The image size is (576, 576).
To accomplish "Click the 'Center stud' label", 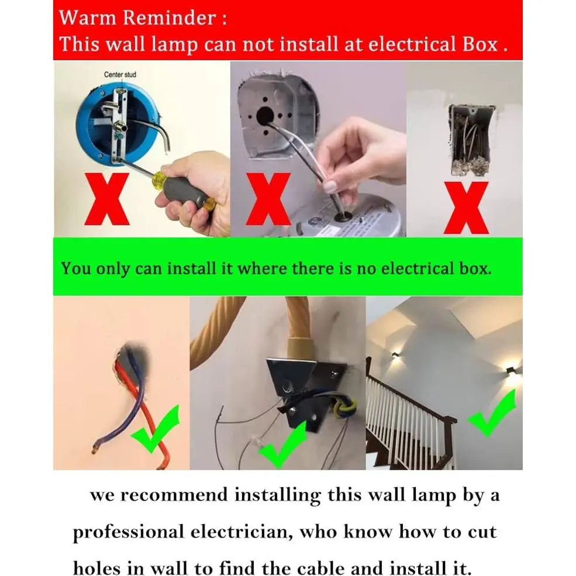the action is tap(120, 75).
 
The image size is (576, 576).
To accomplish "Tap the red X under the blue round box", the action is tap(107, 199).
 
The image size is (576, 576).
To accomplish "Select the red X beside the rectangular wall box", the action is tap(466, 208).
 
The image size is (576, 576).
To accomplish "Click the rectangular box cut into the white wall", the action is tap(471, 139).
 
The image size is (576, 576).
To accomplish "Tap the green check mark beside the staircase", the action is tap(492, 413).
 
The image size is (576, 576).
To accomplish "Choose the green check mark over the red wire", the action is tap(156, 428).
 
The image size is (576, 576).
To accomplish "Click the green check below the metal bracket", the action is tap(283, 444).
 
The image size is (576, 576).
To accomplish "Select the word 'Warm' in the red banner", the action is tap(88, 18).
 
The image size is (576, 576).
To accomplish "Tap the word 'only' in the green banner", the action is tap(112, 269).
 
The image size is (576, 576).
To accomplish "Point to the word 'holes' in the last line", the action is tap(96, 568).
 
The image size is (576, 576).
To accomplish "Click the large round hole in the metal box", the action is tap(265, 115).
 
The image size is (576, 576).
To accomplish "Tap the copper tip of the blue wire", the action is tap(94, 448).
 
